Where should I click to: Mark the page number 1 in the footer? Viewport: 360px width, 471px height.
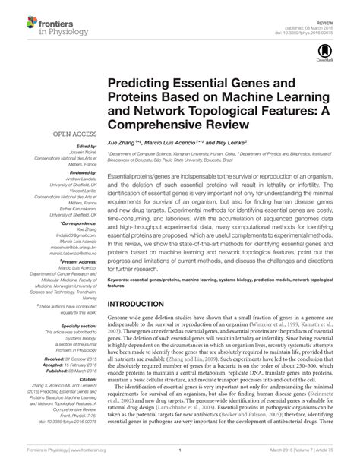pos(180,460)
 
